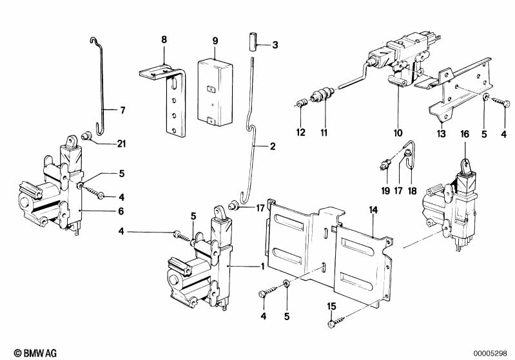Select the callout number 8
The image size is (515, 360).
(164, 40)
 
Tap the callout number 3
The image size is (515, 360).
(275, 45)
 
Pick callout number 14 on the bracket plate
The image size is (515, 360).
(373, 210)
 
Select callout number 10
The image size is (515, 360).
(399, 133)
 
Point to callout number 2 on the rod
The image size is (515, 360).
(273, 147)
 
